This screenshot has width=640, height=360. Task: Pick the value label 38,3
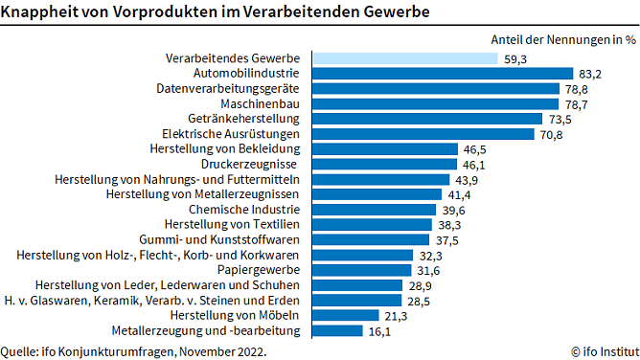(x=449, y=225)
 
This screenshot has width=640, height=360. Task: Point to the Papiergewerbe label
(x=259, y=270)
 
